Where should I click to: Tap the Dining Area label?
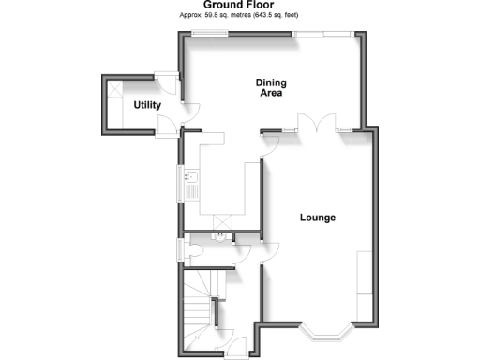click(x=270, y=88)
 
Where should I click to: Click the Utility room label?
click(x=146, y=104)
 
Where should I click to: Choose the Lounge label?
click(x=318, y=217)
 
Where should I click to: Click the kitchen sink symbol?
click(x=190, y=179)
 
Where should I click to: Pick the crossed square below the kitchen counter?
click(x=223, y=221)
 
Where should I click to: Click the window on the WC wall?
click(x=182, y=251)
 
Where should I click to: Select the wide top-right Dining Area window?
click(x=324, y=35)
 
